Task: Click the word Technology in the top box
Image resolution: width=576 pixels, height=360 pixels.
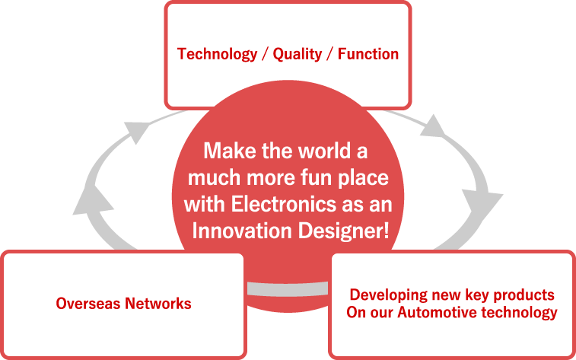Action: pyautogui.click(x=217, y=54)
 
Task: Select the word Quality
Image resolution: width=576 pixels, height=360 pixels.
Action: pyautogui.click(x=298, y=54)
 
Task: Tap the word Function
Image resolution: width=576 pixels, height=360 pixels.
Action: pyautogui.click(x=368, y=54)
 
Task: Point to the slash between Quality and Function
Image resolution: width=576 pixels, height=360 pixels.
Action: pyautogui.click(x=329, y=54)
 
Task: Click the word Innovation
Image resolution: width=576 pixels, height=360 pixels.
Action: pyautogui.click(x=242, y=231)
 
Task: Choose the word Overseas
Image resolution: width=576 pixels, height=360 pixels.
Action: pyautogui.click(x=88, y=304)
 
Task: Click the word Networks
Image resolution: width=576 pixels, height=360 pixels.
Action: pyautogui.click(x=158, y=304)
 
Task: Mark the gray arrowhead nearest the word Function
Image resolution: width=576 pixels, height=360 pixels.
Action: pyautogui.click(x=434, y=126)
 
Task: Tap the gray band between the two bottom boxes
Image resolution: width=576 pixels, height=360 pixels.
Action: pyautogui.click(x=288, y=288)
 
